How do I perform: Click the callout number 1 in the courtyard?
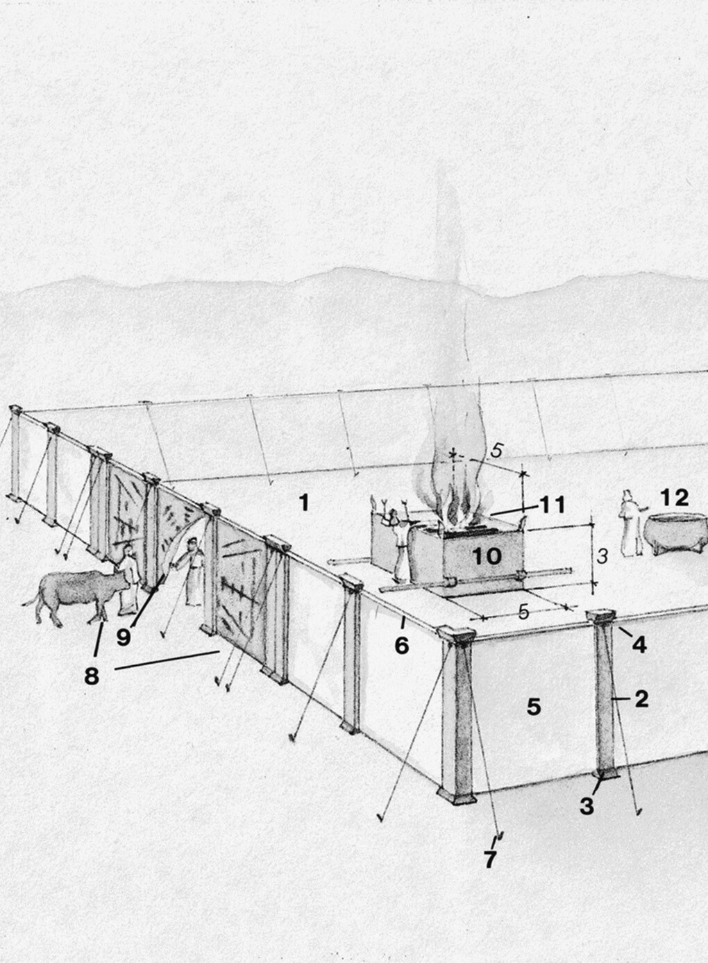click(x=304, y=503)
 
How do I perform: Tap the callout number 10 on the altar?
click(x=487, y=556)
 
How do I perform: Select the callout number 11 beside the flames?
click(x=552, y=505)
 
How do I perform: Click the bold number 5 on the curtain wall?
click(x=534, y=706)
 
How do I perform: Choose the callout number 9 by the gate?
click(x=124, y=637)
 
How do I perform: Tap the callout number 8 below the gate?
click(x=92, y=676)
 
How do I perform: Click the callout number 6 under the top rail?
click(x=401, y=645)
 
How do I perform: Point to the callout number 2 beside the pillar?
click(x=641, y=699)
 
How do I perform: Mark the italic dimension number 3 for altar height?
click(x=602, y=557)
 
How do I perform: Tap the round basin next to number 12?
click(x=675, y=533)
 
